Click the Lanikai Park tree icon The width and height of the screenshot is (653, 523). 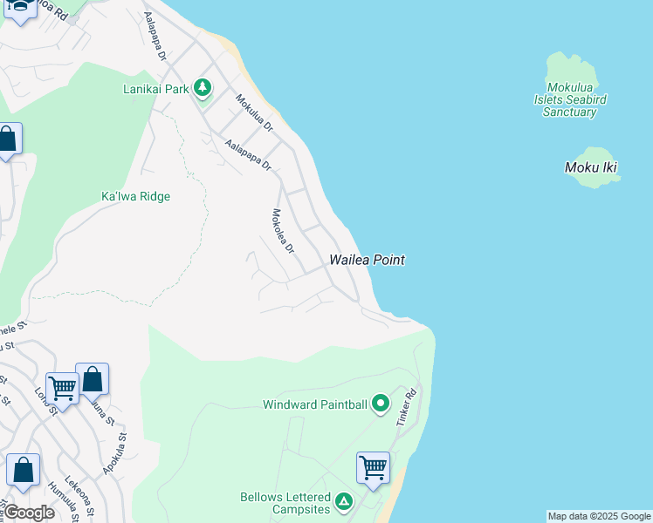[203, 88]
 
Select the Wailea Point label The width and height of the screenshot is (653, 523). [367, 260]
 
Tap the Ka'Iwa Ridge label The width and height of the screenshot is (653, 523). [135, 197]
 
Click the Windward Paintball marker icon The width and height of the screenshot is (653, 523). [380, 404]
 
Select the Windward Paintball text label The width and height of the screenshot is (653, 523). [315, 404]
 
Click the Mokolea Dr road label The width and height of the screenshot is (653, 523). [283, 231]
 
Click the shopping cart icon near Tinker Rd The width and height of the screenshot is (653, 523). [373, 467]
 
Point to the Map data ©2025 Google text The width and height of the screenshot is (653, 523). [599, 516]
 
